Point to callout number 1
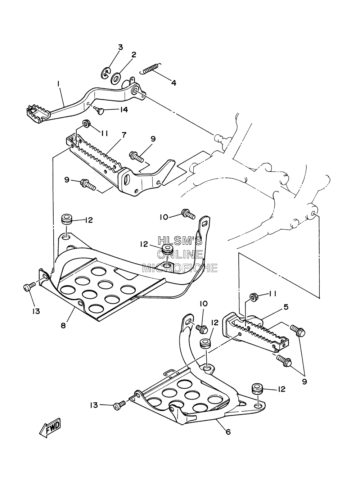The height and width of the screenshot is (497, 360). point(58,84)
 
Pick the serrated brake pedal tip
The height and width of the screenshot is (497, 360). point(38,114)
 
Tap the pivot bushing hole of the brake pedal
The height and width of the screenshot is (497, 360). point(135,90)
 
